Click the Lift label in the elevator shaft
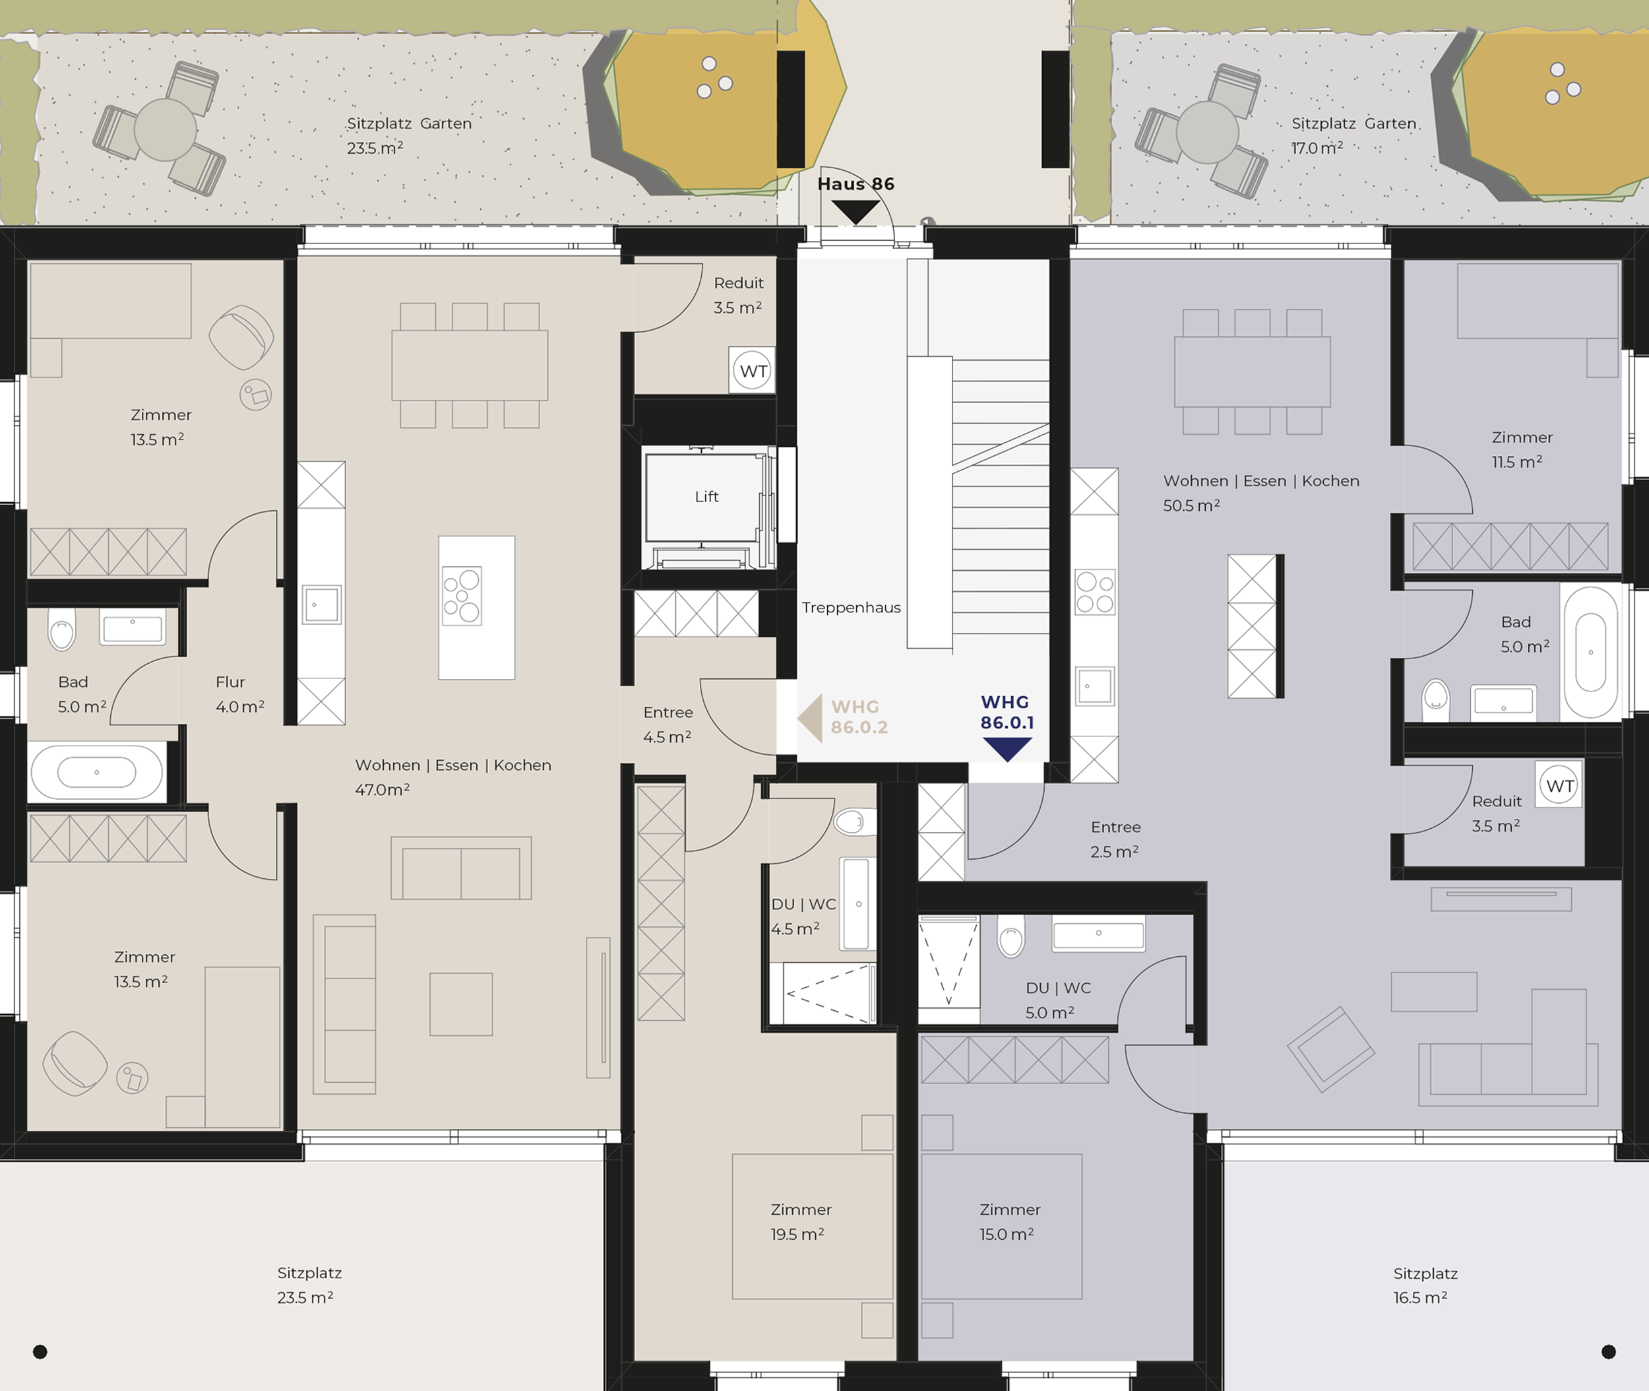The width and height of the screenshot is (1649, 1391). [x=706, y=497]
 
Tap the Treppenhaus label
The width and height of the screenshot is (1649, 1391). [x=852, y=608]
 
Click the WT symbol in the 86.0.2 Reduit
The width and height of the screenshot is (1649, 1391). [x=753, y=372]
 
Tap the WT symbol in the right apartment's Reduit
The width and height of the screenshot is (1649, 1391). [x=1560, y=785]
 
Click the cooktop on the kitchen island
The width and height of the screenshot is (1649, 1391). [x=462, y=596]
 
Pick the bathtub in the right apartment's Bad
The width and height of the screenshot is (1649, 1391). [x=1592, y=652]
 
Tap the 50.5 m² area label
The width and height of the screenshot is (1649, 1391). [x=1192, y=505]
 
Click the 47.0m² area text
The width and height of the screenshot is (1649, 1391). [x=383, y=789]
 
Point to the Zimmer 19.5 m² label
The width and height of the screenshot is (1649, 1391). [x=800, y=1221]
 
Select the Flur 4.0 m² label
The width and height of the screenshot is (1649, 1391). [x=239, y=694]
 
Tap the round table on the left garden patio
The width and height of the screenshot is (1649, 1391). [x=165, y=129]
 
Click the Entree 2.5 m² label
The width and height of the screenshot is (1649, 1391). [x=1115, y=839]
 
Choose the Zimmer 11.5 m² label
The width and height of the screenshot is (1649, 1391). [x=1521, y=449]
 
